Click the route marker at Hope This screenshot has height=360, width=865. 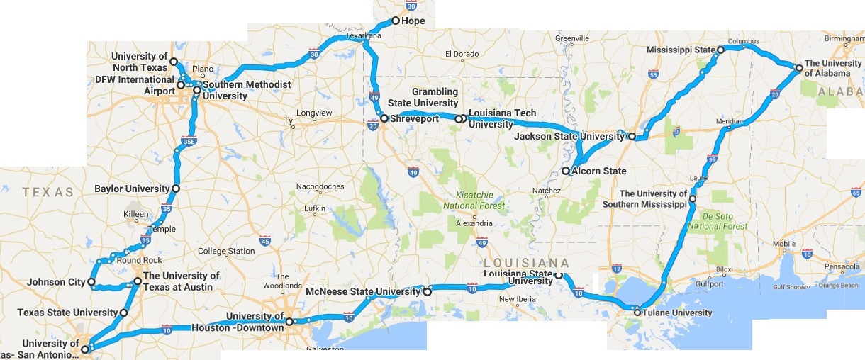(x=396, y=21)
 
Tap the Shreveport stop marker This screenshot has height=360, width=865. (x=384, y=118)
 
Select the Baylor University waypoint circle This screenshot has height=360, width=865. (x=175, y=189)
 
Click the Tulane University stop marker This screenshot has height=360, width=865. (x=637, y=312)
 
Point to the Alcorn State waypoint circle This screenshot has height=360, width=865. (x=565, y=171)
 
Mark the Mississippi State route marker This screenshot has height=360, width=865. (x=720, y=50)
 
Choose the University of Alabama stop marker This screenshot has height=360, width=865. (x=798, y=68)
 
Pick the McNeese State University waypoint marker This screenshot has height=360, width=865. (x=427, y=291)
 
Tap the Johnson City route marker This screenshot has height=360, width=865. (x=91, y=281)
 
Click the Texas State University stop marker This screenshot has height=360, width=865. (x=124, y=313)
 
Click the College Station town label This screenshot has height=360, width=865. (x=226, y=251)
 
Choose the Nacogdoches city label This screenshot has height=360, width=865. (x=321, y=186)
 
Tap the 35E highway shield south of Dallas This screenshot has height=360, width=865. (x=187, y=142)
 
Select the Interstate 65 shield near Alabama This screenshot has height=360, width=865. (x=856, y=192)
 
